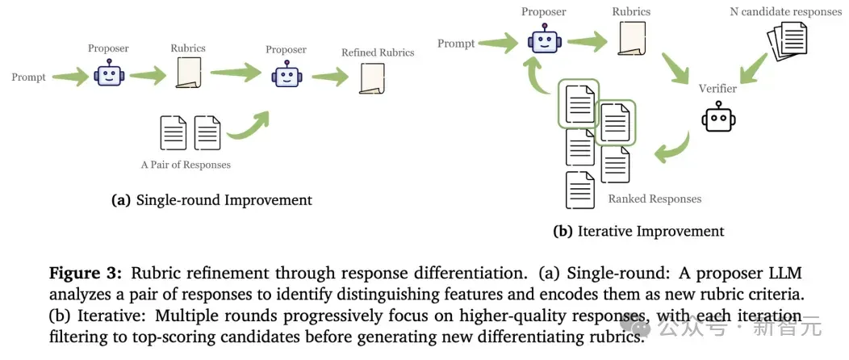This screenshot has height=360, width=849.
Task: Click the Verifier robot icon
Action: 718,119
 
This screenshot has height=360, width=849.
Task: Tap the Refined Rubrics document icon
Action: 372,78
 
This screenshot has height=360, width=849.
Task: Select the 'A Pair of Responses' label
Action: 186,165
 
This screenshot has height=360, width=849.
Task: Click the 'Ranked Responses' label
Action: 655,199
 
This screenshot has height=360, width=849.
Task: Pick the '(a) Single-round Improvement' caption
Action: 211,199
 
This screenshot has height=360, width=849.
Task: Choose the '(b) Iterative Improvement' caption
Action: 638,231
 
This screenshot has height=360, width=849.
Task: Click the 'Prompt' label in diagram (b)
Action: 456,44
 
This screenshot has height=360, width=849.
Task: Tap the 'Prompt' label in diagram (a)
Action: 29,77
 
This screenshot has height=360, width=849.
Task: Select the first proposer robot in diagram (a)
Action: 109,73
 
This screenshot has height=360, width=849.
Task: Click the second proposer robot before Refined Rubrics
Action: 286,74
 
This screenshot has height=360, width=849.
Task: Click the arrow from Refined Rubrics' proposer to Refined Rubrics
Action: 330,77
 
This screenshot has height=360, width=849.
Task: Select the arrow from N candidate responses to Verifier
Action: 754,68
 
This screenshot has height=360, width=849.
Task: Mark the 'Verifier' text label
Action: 717,89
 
